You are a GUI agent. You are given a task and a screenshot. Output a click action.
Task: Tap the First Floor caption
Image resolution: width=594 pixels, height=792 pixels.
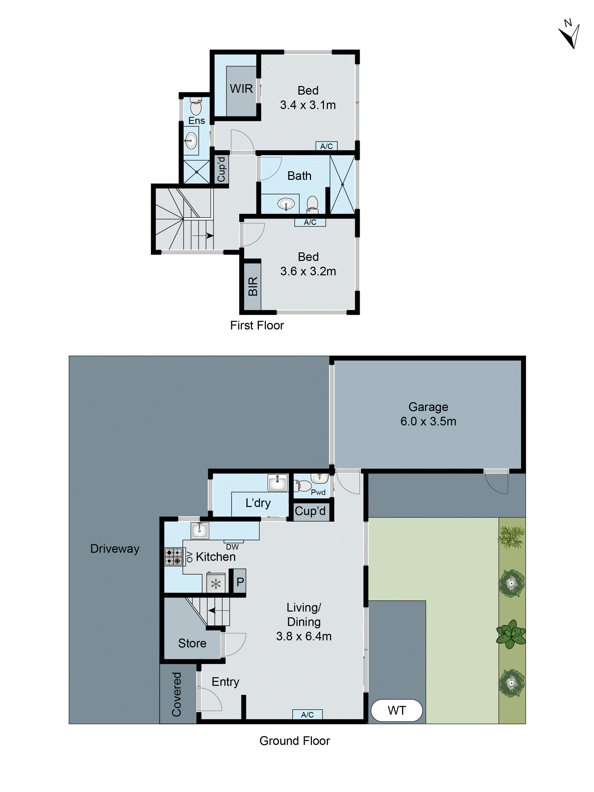257,325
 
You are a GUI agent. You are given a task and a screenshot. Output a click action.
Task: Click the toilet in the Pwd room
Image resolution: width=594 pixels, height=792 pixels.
304,486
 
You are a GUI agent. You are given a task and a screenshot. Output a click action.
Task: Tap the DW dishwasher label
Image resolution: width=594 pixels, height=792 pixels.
232,547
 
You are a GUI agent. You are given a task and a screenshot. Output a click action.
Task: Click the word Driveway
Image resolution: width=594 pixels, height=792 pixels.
115,548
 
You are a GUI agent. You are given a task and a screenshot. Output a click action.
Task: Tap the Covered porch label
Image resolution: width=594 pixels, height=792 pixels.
177,695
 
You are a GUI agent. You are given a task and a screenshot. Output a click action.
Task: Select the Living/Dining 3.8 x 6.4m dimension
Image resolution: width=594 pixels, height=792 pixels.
304,636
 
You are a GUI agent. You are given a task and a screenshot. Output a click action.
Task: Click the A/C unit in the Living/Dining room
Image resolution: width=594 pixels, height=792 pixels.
307,715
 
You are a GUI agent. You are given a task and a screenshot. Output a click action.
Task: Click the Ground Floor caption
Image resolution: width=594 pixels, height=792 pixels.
294,741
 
